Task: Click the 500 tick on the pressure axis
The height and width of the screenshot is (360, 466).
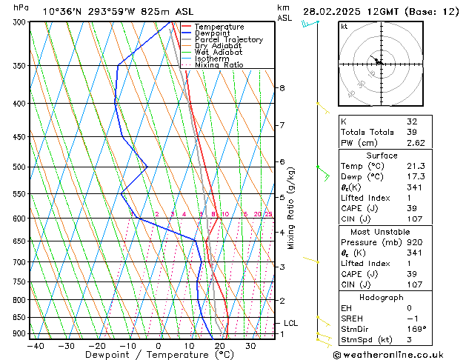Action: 16,167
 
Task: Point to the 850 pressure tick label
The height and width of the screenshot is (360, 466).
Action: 16,318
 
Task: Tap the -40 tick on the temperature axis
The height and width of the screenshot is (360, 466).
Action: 35,345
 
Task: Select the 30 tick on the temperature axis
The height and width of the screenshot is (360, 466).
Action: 250,345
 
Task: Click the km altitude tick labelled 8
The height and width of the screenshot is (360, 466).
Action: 282,88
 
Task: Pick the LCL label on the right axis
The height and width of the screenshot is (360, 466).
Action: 291,324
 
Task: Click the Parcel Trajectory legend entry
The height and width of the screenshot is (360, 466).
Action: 228,39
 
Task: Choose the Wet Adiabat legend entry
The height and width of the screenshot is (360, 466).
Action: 218,52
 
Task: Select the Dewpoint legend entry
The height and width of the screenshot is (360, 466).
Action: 214,33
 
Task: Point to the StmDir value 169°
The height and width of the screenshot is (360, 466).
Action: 418,329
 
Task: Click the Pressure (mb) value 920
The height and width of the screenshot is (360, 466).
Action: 413,241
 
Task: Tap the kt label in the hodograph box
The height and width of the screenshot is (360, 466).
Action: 344,26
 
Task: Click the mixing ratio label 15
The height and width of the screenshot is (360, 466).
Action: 244,214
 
